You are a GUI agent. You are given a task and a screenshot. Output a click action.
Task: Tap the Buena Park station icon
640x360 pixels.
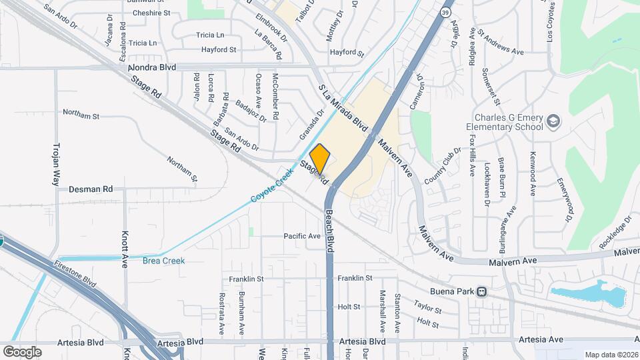tap(481, 291)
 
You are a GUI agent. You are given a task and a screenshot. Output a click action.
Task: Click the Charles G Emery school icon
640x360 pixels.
tap(553, 121)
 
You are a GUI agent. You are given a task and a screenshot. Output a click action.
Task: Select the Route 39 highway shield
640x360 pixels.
tap(445, 12)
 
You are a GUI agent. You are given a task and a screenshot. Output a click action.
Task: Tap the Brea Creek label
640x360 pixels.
tap(163, 261)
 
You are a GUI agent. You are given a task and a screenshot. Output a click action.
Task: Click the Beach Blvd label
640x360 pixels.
tap(329, 230)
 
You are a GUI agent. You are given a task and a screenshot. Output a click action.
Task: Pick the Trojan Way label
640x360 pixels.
tap(56, 163)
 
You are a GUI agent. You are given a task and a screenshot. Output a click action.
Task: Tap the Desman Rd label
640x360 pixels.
tap(91, 189)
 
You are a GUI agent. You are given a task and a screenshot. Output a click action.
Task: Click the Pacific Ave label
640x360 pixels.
tap(302, 236)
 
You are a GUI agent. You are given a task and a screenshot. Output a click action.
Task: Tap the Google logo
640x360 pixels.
tap(22, 351)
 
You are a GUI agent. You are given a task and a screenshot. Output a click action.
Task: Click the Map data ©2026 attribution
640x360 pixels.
tap(611, 355)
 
